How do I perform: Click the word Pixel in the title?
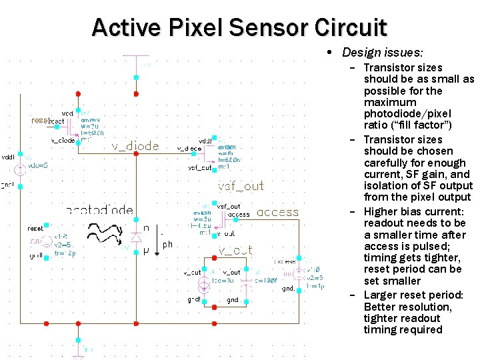point(197,27)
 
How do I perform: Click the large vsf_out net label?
point(241,186)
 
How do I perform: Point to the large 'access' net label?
point(277,212)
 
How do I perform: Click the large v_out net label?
point(235,250)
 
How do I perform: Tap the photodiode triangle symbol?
point(137,237)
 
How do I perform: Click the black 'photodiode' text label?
point(100,211)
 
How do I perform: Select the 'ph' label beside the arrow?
point(168,245)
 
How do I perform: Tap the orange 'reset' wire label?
point(39,121)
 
